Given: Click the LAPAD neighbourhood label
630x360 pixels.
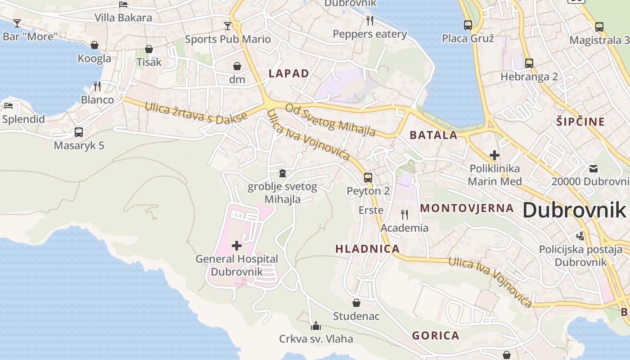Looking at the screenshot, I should [x=289, y=73].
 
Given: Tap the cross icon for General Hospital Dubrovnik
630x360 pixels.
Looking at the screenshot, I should [x=236, y=245].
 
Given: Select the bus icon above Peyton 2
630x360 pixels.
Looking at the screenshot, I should [x=368, y=177].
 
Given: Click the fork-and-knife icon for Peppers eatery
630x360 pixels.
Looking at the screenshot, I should [x=370, y=20].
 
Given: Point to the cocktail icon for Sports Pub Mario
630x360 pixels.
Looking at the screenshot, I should [x=228, y=26].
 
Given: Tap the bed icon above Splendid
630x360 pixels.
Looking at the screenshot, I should [x=9, y=106].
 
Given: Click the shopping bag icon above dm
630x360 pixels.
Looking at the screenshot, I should [x=237, y=67].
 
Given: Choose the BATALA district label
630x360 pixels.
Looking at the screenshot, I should [x=433, y=135].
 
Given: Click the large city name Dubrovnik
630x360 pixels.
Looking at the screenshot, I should [x=574, y=210].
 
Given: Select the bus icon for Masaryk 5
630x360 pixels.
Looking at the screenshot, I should [x=79, y=132].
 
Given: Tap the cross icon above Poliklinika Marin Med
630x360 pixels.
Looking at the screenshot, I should [x=495, y=155].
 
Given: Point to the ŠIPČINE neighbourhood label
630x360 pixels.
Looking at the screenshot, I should [x=580, y=121].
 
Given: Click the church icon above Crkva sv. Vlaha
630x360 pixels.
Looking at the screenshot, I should [x=316, y=325].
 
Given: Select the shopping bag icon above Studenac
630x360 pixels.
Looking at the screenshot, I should [x=356, y=303].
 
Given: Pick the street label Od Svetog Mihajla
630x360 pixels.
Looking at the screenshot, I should [x=330, y=120].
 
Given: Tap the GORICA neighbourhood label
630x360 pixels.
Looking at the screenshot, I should [x=436, y=335].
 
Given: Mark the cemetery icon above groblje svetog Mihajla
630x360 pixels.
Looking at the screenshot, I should [x=282, y=173].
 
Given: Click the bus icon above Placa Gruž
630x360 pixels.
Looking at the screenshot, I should [x=468, y=25].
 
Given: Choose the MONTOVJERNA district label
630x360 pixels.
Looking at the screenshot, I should [x=467, y=208].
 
